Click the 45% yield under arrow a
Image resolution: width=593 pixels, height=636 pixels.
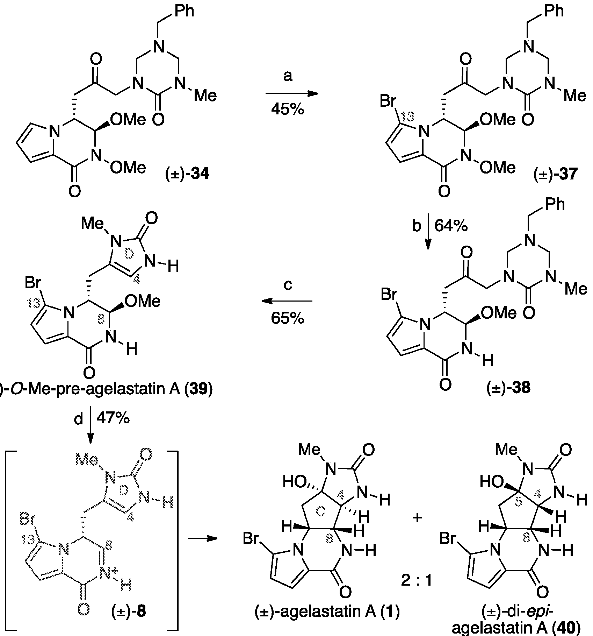click(287, 109)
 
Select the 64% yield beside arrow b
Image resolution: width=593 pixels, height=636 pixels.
click(451, 226)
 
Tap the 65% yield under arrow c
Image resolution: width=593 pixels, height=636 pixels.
click(287, 318)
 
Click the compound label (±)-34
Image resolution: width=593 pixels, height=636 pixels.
click(187, 173)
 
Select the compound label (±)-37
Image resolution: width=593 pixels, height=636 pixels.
click(556, 174)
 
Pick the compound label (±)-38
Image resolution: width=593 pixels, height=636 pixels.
click(508, 388)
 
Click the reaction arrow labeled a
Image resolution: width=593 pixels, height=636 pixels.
click(292, 94)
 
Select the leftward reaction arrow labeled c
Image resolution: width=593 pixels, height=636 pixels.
click(287, 301)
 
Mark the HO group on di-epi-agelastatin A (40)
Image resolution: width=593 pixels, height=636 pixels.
click(491, 483)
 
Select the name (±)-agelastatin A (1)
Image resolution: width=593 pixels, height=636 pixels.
click(326, 611)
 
